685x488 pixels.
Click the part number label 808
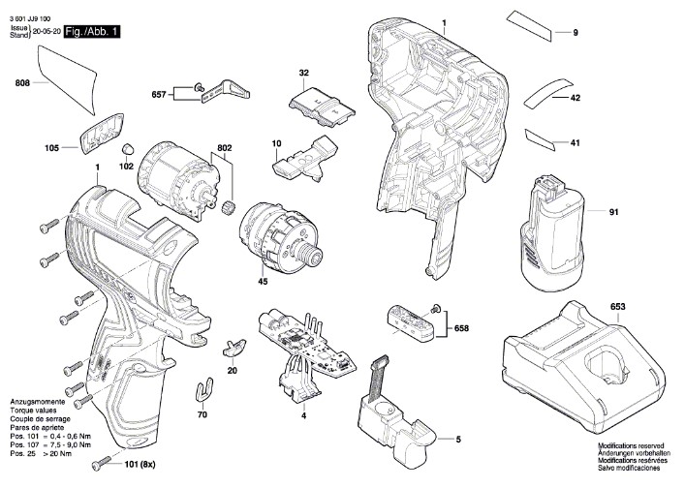[22, 83]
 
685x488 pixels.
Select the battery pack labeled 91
[552, 232]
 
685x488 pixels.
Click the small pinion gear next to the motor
[227, 205]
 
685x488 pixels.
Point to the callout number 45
[263, 282]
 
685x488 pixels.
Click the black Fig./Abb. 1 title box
[92, 32]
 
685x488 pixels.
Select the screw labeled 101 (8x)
[103, 464]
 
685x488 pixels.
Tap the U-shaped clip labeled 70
[203, 389]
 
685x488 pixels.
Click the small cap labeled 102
[127, 147]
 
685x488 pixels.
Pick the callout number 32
[304, 73]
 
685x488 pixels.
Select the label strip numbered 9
[529, 26]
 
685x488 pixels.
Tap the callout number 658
[461, 328]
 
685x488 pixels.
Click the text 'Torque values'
[33, 411]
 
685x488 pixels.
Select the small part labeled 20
[234, 347]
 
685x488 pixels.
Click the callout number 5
[458, 440]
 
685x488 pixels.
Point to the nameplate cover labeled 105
[102, 133]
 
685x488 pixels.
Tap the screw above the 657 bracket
[199, 87]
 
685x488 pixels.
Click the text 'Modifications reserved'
[631, 446]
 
